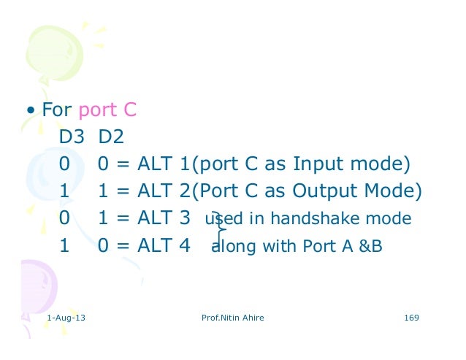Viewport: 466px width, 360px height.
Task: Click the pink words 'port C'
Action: click(x=107, y=111)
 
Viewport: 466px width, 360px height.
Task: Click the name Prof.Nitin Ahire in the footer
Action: click(x=232, y=319)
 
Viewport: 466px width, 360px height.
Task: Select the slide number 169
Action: click(x=410, y=319)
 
